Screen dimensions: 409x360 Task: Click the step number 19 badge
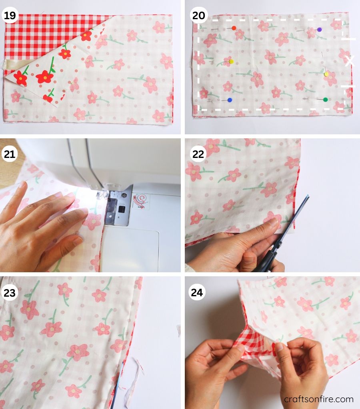(10, 16)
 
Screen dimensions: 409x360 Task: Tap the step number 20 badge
(198, 16)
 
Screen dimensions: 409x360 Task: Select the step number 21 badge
(10, 154)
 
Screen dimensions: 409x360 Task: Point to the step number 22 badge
(198, 154)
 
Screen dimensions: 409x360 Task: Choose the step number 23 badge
(10, 293)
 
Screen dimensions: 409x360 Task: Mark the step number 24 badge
(198, 293)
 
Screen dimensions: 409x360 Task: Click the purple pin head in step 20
(319, 30)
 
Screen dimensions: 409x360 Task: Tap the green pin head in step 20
(325, 100)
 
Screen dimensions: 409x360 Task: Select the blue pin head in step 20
(229, 100)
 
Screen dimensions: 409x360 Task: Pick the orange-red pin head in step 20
(234, 28)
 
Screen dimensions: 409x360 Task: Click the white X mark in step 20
(350, 61)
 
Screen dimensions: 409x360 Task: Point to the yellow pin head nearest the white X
(326, 74)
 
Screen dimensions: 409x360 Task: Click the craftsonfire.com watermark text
(318, 399)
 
